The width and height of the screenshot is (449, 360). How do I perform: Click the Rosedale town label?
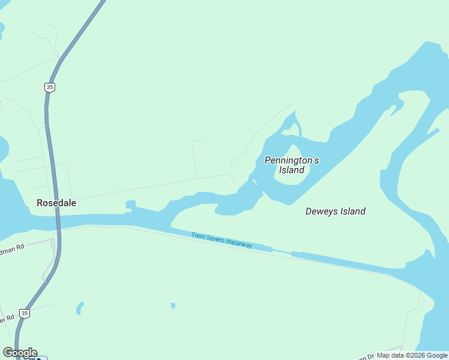[x=56, y=203]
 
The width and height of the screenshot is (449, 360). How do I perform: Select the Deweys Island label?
[x=336, y=211]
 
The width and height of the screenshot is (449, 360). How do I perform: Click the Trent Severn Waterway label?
[x=221, y=241]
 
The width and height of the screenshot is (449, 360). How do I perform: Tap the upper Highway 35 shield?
[x=50, y=87]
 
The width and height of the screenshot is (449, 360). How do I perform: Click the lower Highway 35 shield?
[x=24, y=313]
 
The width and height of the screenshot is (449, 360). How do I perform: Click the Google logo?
[x=20, y=353]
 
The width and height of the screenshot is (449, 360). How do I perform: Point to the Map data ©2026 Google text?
[x=412, y=355]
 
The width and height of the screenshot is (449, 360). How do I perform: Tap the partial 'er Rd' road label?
[x=6, y=319]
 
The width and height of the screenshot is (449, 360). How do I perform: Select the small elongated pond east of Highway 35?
[x=79, y=308]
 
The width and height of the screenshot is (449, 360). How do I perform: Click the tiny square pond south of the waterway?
[x=173, y=305]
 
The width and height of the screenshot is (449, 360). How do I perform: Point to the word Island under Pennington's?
[x=292, y=170]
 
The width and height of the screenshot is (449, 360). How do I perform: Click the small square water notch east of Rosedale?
[x=130, y=205]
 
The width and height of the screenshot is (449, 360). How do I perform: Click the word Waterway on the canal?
[x=241, y=245]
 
